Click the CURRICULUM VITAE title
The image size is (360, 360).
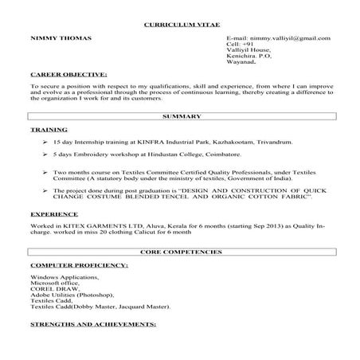(x=179, y=25)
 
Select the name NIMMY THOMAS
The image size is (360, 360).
(x=61, y=38)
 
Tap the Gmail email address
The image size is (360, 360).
(x=278, y=38)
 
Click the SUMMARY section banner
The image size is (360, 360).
(x=180, y=116)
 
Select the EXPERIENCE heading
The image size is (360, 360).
(x=54, y=215)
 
